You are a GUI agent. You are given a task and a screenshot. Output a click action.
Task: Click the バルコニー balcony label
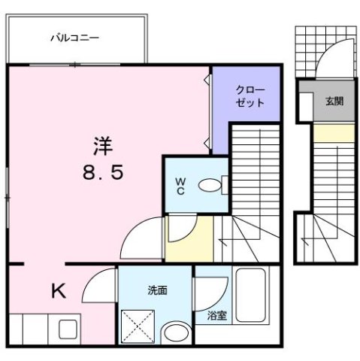click(75, 36)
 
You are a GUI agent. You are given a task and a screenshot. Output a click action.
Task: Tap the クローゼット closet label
click(249, 96)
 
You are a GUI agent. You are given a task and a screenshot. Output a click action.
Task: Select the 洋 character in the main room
click(103, 143)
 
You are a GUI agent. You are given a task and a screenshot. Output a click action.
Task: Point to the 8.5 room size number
click(103, 172)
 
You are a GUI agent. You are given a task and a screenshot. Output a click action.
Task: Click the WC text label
click(181, 185)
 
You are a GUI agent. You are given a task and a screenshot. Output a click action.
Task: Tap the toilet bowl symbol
click(213, 184)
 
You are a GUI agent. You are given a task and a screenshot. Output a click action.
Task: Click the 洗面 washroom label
click(157, 290)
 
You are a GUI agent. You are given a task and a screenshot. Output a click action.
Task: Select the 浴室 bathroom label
click(217, 317)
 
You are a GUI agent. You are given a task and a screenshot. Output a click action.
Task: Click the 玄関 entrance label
click(334, 101)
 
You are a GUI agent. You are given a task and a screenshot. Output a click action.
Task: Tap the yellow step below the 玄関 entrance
click(331, 133)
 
